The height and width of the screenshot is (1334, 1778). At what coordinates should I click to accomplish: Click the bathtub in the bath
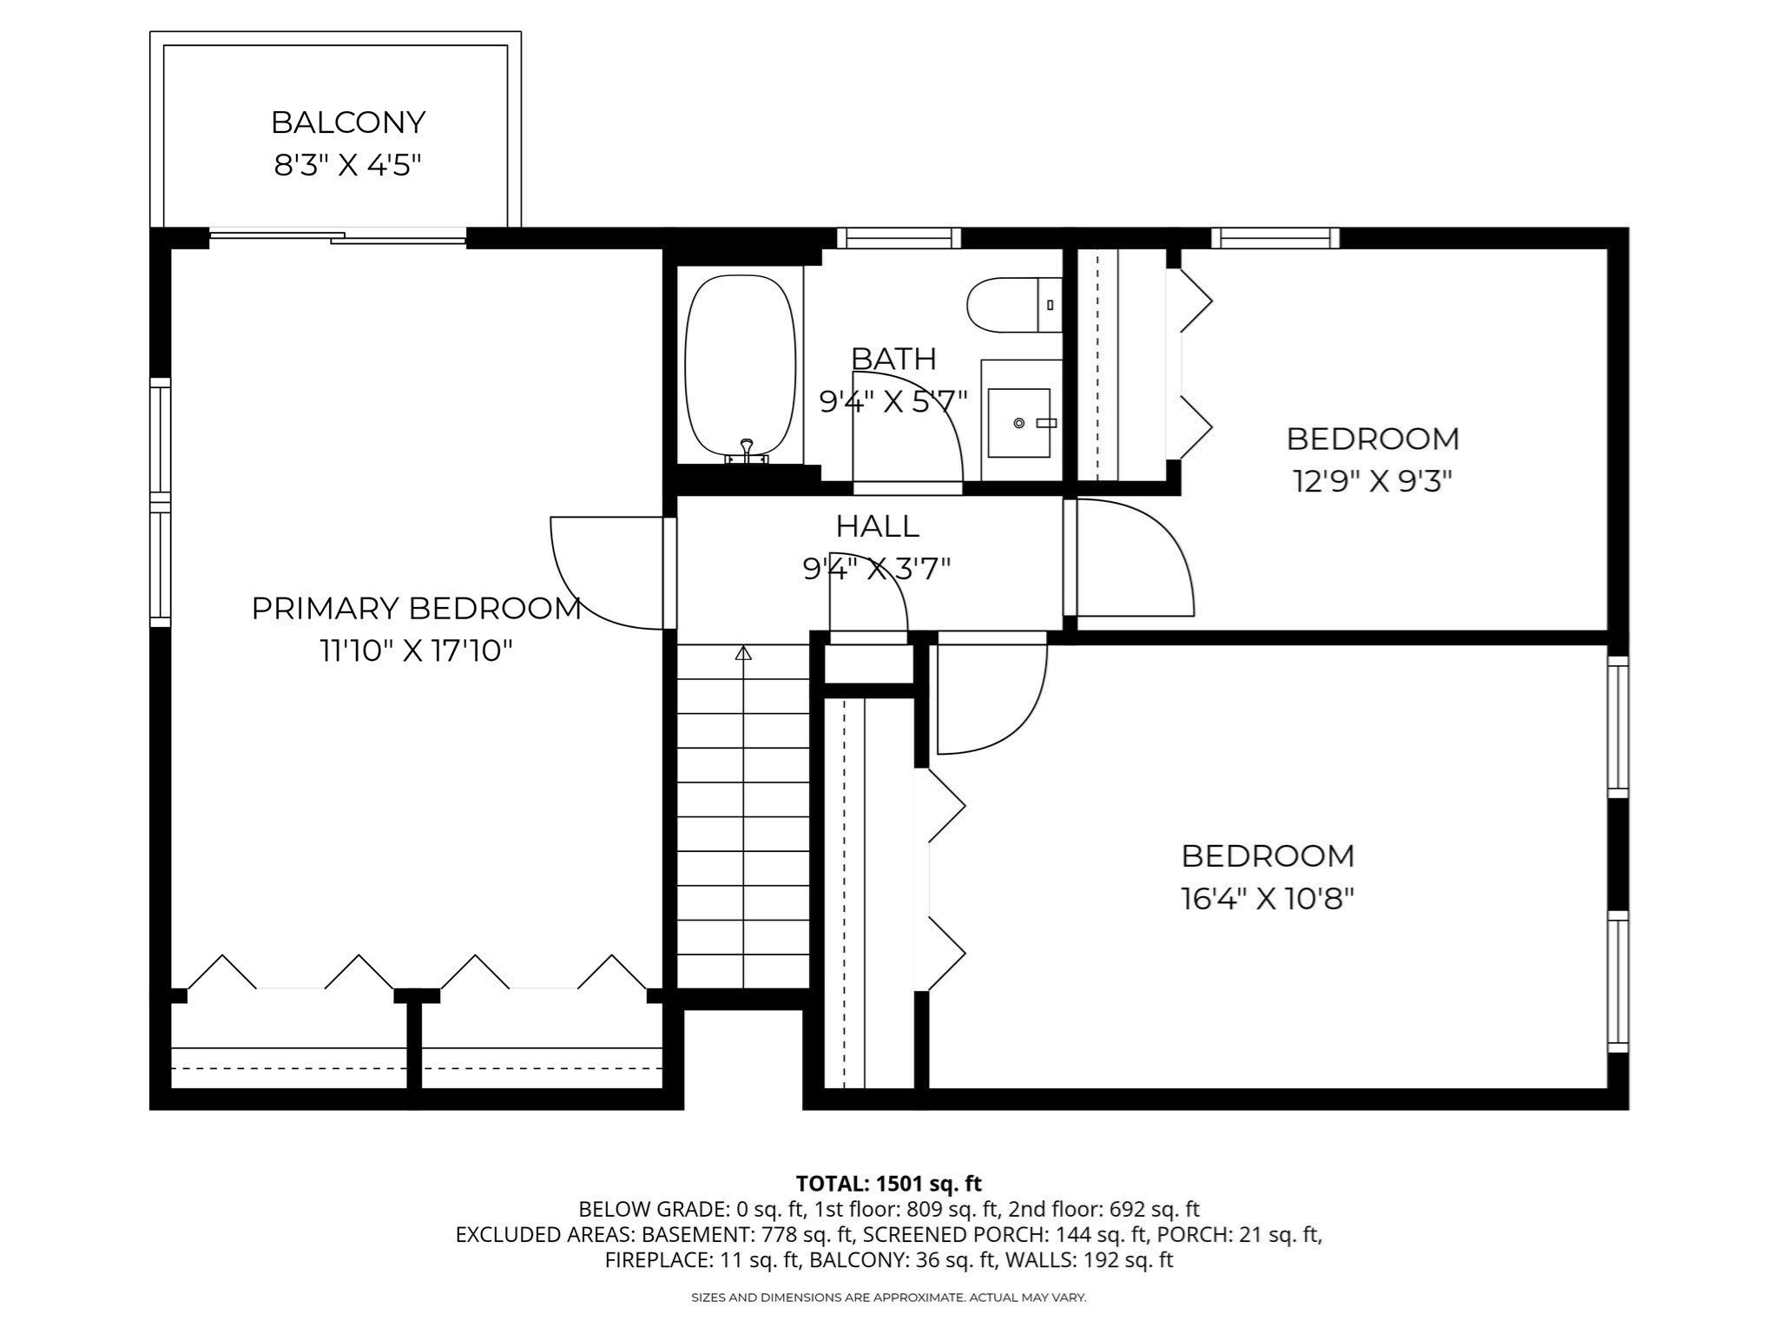[x=740, y=365]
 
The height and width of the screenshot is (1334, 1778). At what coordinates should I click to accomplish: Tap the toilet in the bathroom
[x=1007, y=305]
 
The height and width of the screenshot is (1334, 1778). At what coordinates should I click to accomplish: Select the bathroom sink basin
[x=1019, y=422]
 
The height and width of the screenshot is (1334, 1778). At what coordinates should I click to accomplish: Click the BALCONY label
[x=348, y=122]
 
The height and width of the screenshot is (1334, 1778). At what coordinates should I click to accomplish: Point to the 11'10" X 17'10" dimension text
[x=417, y=650]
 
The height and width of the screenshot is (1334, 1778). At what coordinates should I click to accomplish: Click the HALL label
[x=877, y=526]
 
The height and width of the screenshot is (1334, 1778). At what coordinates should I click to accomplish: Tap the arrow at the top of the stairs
[x=743, y=653]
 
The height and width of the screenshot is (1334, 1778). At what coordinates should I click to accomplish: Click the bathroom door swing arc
[x=920, y=417]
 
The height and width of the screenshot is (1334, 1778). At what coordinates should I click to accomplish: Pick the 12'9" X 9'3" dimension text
[x=1373, y=481]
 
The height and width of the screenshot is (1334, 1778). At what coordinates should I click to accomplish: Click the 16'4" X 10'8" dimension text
[x=1268, y=898]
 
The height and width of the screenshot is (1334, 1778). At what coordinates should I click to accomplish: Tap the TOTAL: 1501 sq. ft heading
[x=888, y=1183]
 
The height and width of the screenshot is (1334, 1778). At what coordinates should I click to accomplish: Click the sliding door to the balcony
[x=339, y=235]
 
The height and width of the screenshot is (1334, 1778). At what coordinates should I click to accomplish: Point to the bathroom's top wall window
[x=899, y=237]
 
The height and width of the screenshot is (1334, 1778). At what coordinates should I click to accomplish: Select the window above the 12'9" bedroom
[x=1274, y=237]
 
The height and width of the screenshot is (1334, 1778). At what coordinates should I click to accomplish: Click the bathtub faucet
[x=746, y=451]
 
